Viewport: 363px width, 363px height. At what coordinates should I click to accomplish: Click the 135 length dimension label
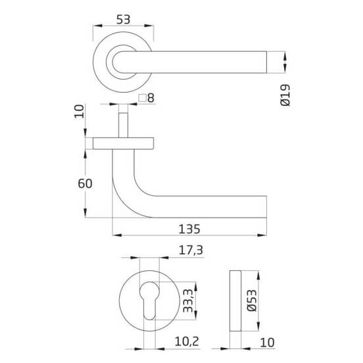click(x=189, y=230)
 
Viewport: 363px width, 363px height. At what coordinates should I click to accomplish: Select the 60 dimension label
click(x=85, y=183)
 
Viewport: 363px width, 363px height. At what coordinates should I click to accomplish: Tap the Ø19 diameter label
click(x=285, y=95)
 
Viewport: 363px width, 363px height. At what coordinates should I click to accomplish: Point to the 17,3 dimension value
click(x=191, y=251)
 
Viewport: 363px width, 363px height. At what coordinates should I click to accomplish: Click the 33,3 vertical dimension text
click(x=188, y=301)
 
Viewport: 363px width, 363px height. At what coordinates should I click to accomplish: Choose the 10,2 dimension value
click(x=187, y=341)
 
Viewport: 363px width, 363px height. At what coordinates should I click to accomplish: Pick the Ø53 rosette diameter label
click(x=252, y=301)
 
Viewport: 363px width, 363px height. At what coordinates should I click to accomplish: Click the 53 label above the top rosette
click(x=123, y=20)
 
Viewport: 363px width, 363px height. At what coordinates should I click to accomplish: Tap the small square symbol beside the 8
click(x=142, y=98)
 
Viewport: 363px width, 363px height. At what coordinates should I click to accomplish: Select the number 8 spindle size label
click(x=151, y=98)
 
